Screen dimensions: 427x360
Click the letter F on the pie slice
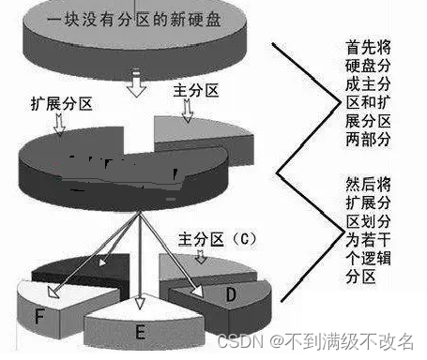pos(39,316)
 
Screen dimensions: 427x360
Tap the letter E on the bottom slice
pos(141,332)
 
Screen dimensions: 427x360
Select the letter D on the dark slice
pos(231,294)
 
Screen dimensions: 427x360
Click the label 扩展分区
pos(61,104)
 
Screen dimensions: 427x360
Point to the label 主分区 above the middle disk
pos(195,91)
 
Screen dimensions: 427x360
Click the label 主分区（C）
pos(218,240)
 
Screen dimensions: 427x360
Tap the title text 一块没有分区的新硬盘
pos(134,20)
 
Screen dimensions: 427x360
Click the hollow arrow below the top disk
pos(136,82)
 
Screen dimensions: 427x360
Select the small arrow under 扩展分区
pos(59,125)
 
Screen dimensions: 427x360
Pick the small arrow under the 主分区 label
pos(187,111)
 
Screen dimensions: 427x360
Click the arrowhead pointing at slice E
pos(140,303)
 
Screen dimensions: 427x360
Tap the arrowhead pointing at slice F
pos(53,292)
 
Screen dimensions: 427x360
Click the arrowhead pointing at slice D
pos(198,291)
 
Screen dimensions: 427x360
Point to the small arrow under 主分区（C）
pos(200,256)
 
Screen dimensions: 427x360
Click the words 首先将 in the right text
pos(368,48)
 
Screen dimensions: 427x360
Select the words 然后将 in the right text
pos(368,185)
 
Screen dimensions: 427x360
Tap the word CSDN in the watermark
pos(240,341)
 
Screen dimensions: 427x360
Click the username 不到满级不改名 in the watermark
pos(349,341)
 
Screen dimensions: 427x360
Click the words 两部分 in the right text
pos(368,139)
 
